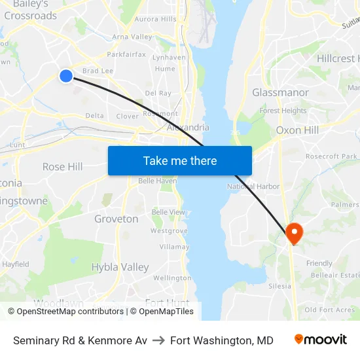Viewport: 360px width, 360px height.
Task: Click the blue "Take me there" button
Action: pyautogui.click(x=180, y=161)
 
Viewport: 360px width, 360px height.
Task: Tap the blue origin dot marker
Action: pyautogui.click(x=66, y=76)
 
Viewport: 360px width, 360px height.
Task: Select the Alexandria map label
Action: pyautogui.click(x=189, y=128)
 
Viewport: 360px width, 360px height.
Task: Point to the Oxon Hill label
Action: pyautogui.click(x=297, y=130)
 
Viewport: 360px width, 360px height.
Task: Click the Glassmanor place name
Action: pyautogui.click(x=281, y=93)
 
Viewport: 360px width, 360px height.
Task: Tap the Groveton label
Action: pyautogui.click(x=117, y=219)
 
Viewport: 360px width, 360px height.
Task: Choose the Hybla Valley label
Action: pyautogui.click(x=120, y=267)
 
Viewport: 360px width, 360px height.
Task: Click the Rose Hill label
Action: pyautogui.click(x=63, y=167)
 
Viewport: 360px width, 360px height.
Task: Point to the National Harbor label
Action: pyautogui.click(x=253, y=187)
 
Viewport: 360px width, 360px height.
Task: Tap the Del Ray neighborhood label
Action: pyautogui.click(x=158, y=94)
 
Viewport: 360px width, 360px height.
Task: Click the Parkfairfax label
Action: pyautogui.click(x=126, y=54)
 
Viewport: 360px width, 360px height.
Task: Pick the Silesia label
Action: pyautogui.click(x=279, y=286)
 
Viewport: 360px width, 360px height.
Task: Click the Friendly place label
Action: pyautogui.click(x=319, y=264)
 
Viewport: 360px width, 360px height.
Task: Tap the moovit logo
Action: pyautogui.click(x=321, y=340)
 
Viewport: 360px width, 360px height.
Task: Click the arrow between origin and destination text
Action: pyautogui.click(x=158, y=340)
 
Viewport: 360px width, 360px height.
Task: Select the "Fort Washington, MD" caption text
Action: pyautogui.click(x=221, y=340)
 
